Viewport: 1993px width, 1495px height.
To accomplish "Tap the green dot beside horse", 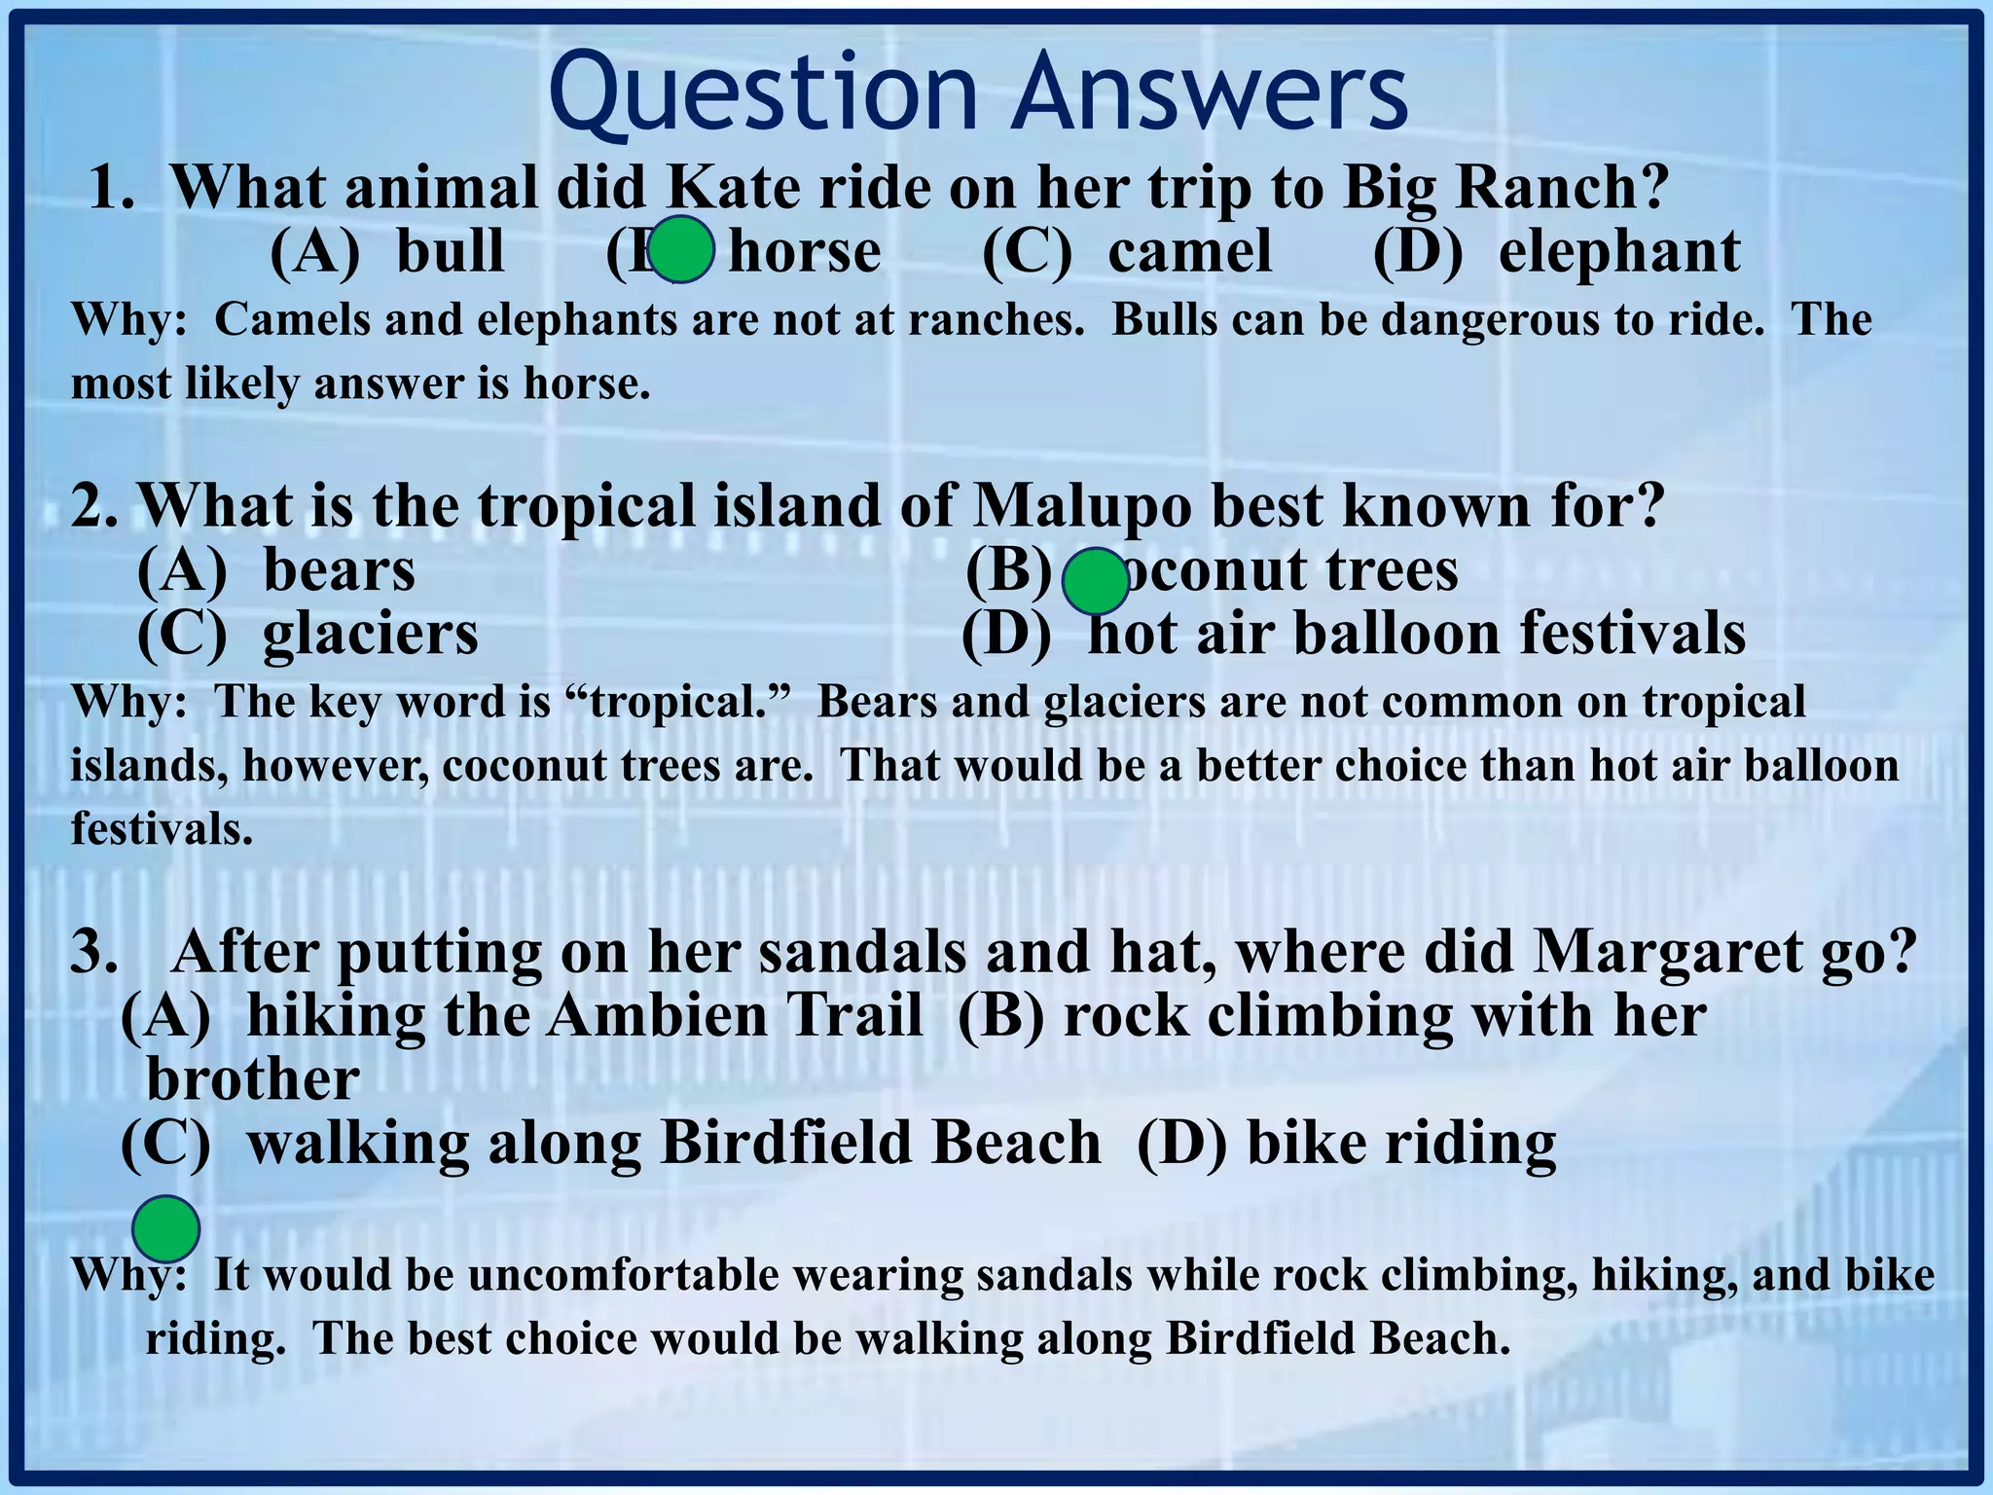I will (681, 250).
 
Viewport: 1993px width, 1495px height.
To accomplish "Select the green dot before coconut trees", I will (1095, 580).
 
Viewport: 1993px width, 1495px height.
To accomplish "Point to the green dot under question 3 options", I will (166, 1229).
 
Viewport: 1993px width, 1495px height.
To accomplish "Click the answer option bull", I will (450, 251).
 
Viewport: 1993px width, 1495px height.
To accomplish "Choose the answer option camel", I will (1189, 251).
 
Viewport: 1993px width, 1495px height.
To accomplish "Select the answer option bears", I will (339, 570).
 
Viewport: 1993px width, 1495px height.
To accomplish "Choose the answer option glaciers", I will (370, 634).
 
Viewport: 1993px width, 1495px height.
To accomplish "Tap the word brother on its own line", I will (252, 1078).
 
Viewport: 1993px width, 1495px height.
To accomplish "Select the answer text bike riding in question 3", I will (1400, 1143).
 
